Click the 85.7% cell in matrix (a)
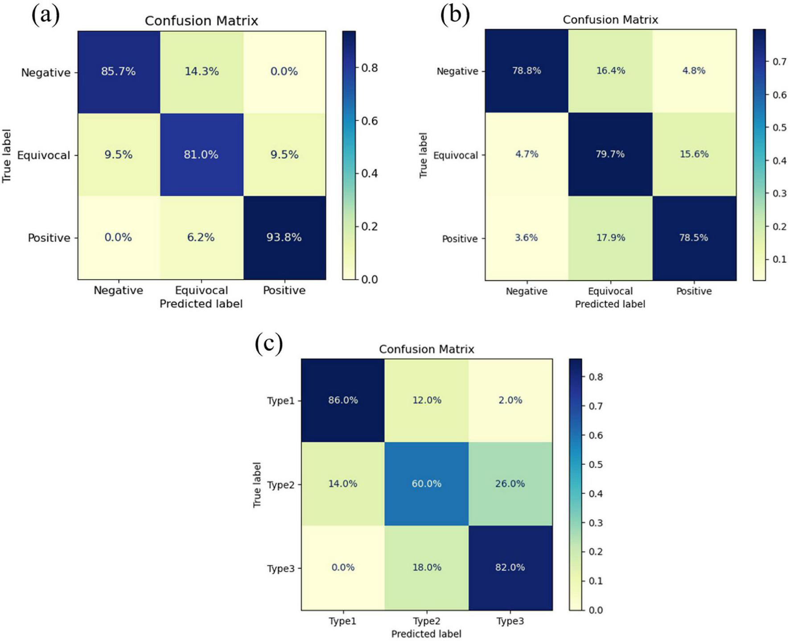[118, 71]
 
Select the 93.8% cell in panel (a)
[284, 237]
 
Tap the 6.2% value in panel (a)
[201, 237]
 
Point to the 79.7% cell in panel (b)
[610, 154]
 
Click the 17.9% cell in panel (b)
[610, 238]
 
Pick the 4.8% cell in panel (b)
[694, 70]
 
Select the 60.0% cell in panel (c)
[426, 484]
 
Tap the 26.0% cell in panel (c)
[510, 484]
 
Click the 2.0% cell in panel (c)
[510, 400]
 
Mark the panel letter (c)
[269, 344]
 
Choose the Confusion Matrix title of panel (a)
[201, 21]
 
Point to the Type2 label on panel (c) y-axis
[281, 485]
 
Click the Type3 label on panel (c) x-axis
[510, 621]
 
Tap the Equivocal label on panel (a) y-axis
[44, 155]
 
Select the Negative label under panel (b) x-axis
[527, 291]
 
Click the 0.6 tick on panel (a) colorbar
[369, 121]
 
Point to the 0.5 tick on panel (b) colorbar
[779, 127]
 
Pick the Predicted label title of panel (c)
[426, 634]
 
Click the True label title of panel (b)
[424, 155]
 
